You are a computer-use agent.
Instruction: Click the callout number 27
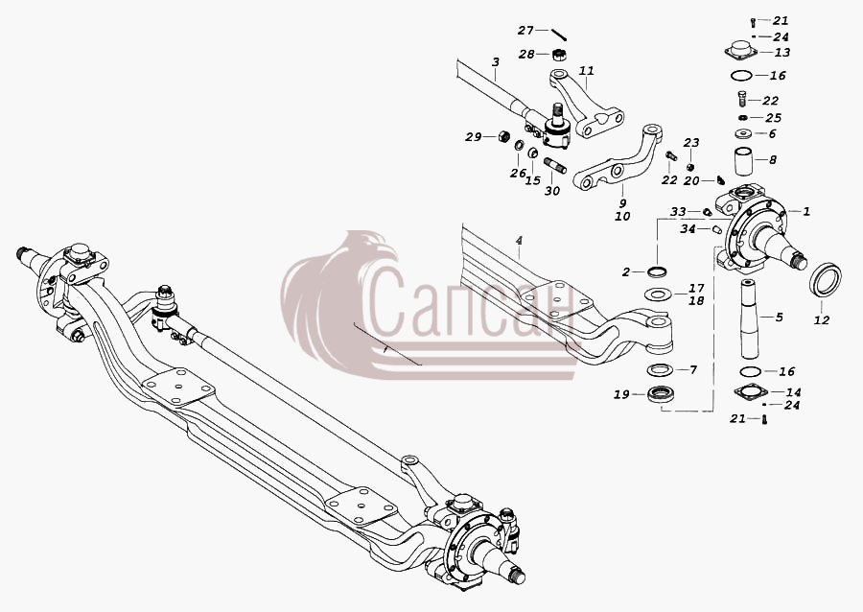coord(525,31)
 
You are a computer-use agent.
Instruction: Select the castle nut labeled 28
coord(560,55)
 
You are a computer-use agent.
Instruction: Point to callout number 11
coord(587,70)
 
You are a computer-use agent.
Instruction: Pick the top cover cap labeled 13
coord(741,50)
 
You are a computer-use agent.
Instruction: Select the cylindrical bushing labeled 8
coord(742,160)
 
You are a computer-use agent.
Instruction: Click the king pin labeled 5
coord(751,319)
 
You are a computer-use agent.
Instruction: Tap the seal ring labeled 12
coord(826,281)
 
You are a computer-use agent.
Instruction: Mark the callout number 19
coord(621,394)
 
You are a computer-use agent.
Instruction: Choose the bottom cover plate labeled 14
coord(751,392)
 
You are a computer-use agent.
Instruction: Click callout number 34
coord(688,229)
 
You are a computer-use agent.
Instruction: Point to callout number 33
coord(678,212)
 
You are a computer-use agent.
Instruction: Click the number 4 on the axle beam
coord(519,241)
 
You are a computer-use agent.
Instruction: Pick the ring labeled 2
coord(657,271)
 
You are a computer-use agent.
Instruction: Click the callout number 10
coord(622,216)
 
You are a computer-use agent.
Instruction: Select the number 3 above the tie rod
coord(496,62)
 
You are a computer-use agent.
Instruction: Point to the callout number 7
coord(693,369)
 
